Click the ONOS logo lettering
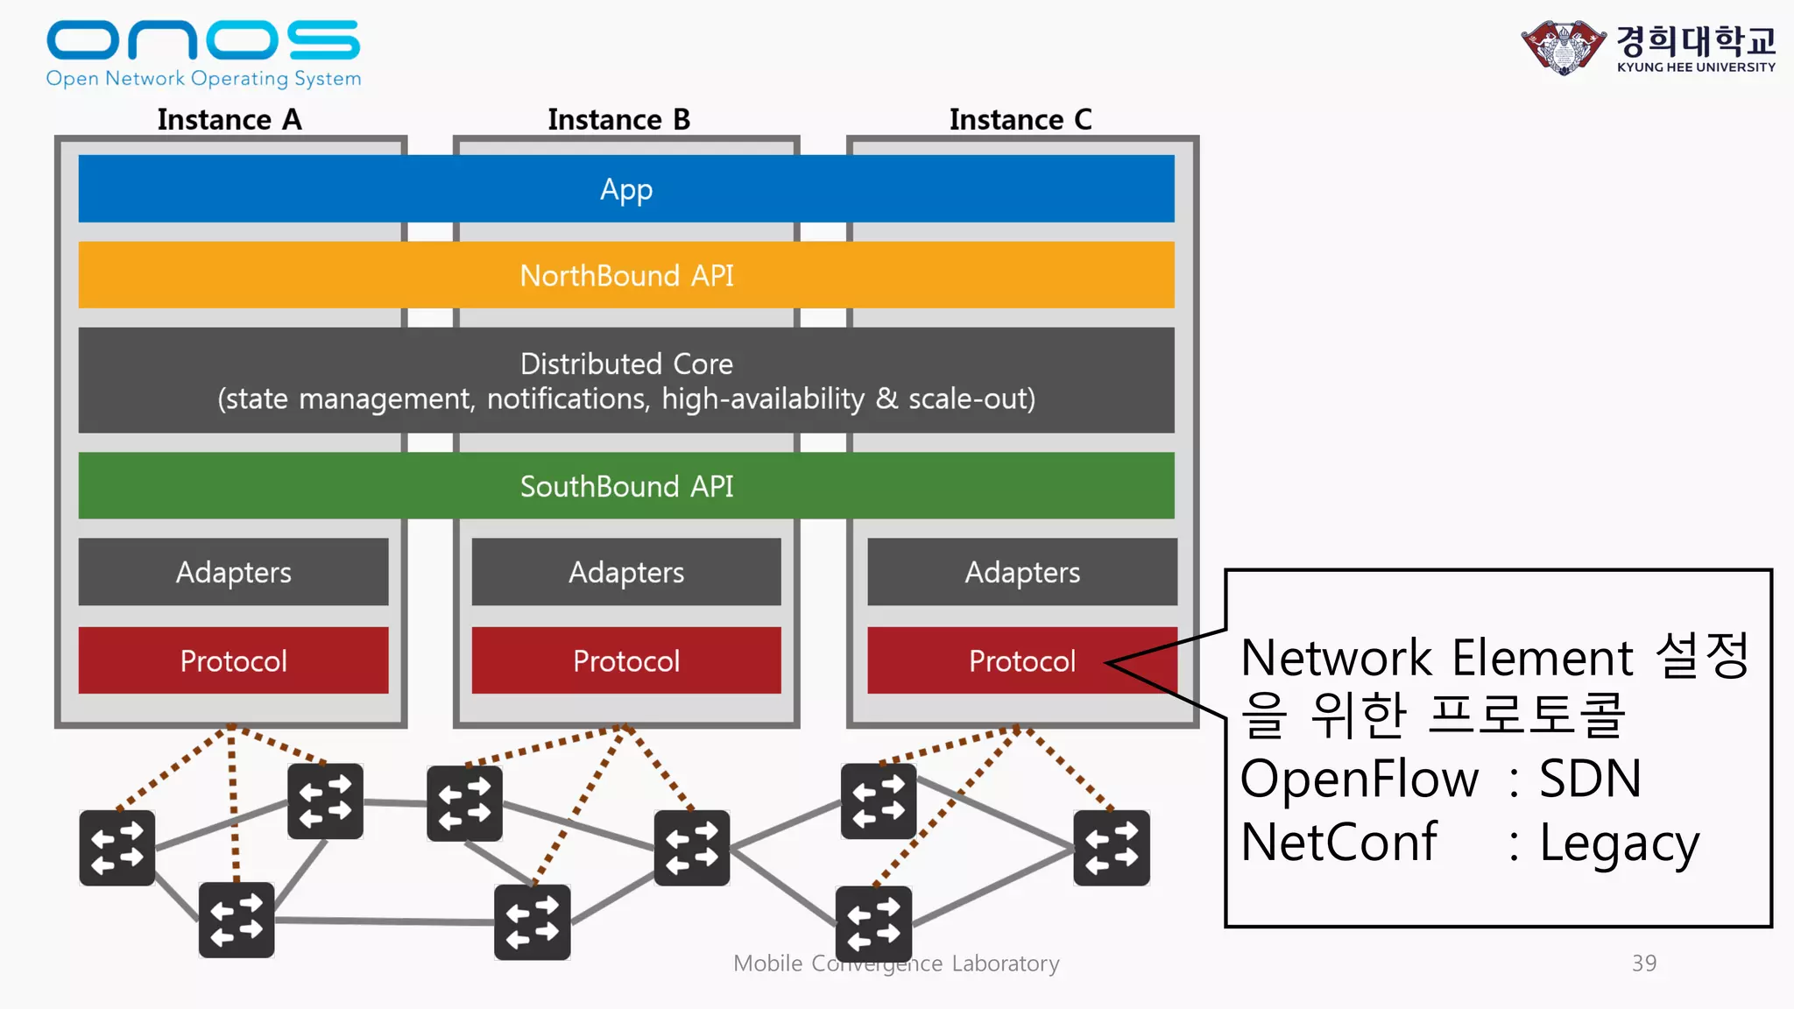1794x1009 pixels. point(202,41)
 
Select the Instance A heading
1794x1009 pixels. point(230,119)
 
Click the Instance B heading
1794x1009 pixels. point(618,119)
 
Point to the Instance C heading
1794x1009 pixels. point(1021,119)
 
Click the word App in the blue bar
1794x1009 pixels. point(626,189)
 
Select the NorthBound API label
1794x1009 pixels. point(626,276)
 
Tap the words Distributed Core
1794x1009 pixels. point(626,363)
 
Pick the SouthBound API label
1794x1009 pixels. point(626,486)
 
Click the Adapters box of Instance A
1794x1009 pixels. point(233,572)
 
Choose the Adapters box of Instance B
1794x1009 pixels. point(626,572)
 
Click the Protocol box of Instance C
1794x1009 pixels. point(1021,660)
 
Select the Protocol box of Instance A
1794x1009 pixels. point(233,660)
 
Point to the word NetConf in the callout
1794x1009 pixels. point(1338,843)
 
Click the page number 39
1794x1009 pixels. point(1643,963)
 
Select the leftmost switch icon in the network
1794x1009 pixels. point(117,848)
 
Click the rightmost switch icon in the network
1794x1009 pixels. point(1112,848)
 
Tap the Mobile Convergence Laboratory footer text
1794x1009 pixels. point(896,963)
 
